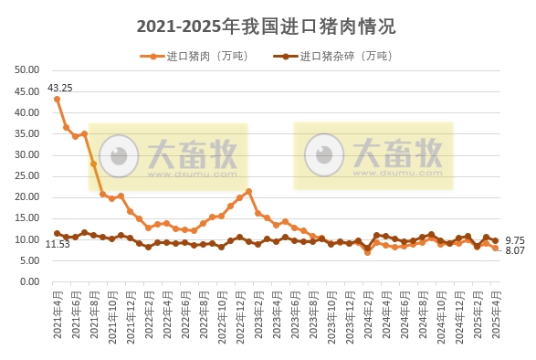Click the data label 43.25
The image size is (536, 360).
(x=60, y=88)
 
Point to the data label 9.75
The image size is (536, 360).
(x=514, y=238)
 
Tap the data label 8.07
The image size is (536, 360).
(x=514, y=250)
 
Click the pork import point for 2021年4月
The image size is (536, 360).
(x=57, y=99)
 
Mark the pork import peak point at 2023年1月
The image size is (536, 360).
(x=248, y=192)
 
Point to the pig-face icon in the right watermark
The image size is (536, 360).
(x=321, y=152)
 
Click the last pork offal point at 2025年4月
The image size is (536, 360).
(x=495, y=240)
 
